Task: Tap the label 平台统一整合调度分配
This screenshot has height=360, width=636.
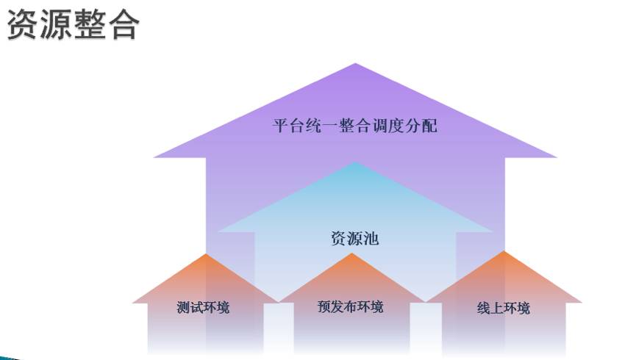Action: pos(355,126)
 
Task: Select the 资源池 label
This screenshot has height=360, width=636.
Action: pos(354,238)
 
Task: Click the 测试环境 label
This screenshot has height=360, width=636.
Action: pos(203,307)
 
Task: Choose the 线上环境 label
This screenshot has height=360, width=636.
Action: pos(503,308)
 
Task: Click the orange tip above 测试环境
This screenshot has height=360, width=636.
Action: pos(206,256)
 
